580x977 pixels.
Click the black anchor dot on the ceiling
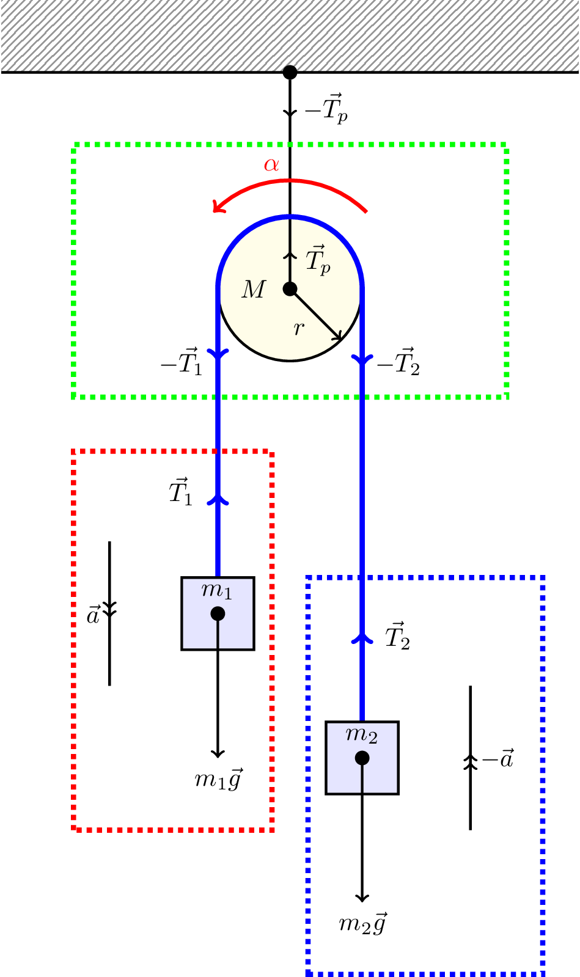coord(290,72)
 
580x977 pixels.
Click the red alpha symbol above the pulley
coord(271,164)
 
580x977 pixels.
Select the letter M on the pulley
coord(254,290)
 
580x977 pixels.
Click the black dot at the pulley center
coord(290,288)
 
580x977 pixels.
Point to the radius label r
coord(298,329)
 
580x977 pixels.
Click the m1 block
coord(218,613)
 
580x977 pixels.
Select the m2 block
coord(362,758)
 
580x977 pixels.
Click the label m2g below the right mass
coord(362,923)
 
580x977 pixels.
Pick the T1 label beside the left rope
coord(181,492)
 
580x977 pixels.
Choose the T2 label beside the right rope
coord(397,636)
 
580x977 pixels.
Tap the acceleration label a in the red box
coord(93,615)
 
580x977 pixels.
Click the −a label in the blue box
coord(497,759)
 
